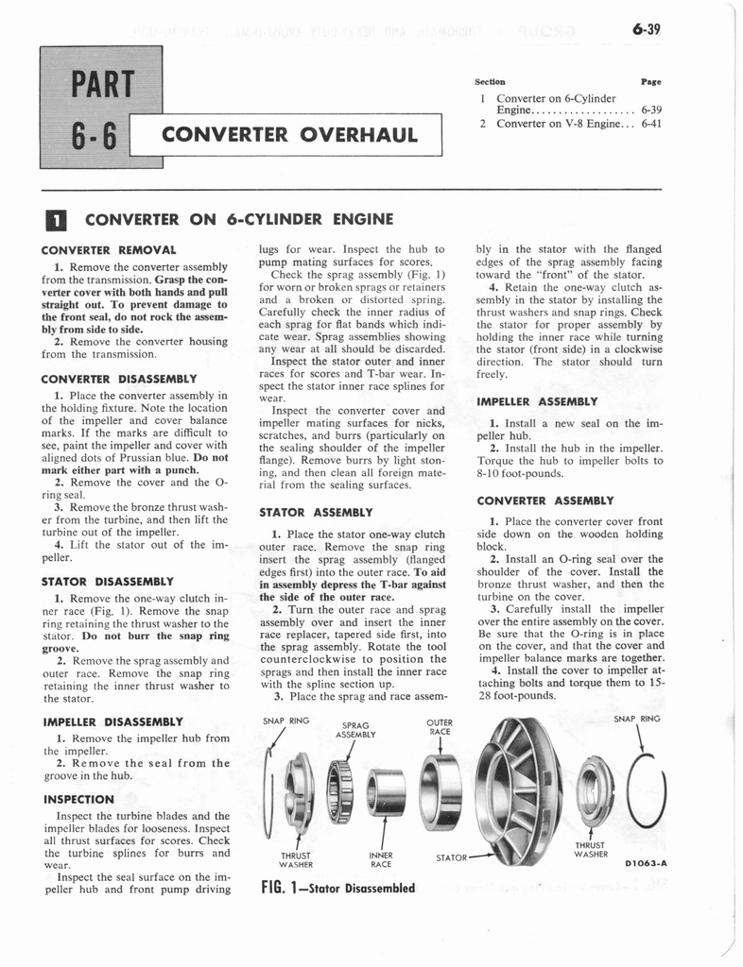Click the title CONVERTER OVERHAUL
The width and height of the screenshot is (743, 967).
tap(290, 133)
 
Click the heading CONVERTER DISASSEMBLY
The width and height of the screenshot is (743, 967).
tap(119, 379)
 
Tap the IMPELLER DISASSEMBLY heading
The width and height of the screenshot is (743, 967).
tap(113, 721)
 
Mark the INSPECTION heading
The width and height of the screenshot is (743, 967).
tap(78, 799)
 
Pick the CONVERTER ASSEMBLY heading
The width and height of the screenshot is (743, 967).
tap(545, 500)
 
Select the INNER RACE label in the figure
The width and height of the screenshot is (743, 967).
tap(381, 859)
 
